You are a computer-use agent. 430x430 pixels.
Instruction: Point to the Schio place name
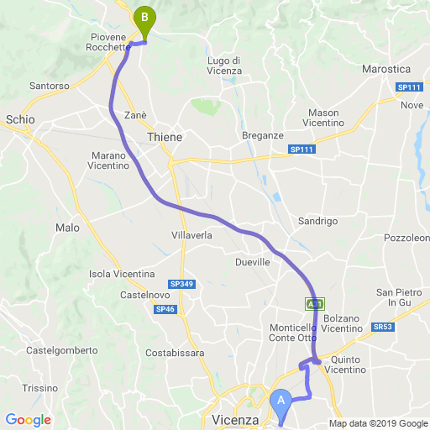tap(20, 120)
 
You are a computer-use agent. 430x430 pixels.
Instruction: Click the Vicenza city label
tap(228, 417)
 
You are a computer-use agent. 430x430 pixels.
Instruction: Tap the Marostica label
tap(385, 68)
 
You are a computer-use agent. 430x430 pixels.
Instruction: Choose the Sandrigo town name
tap(317, 221)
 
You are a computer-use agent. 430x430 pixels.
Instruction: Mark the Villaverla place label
tap(191, 236)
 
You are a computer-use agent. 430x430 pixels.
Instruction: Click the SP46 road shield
tap(165, 309)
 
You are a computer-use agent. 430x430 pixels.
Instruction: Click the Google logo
tap(28, 419)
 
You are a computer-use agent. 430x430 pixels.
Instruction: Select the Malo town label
tap(66, 228)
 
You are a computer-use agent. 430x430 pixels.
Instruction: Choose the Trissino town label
tap(39, 388)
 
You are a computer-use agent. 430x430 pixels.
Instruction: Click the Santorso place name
tap(48, 86)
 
